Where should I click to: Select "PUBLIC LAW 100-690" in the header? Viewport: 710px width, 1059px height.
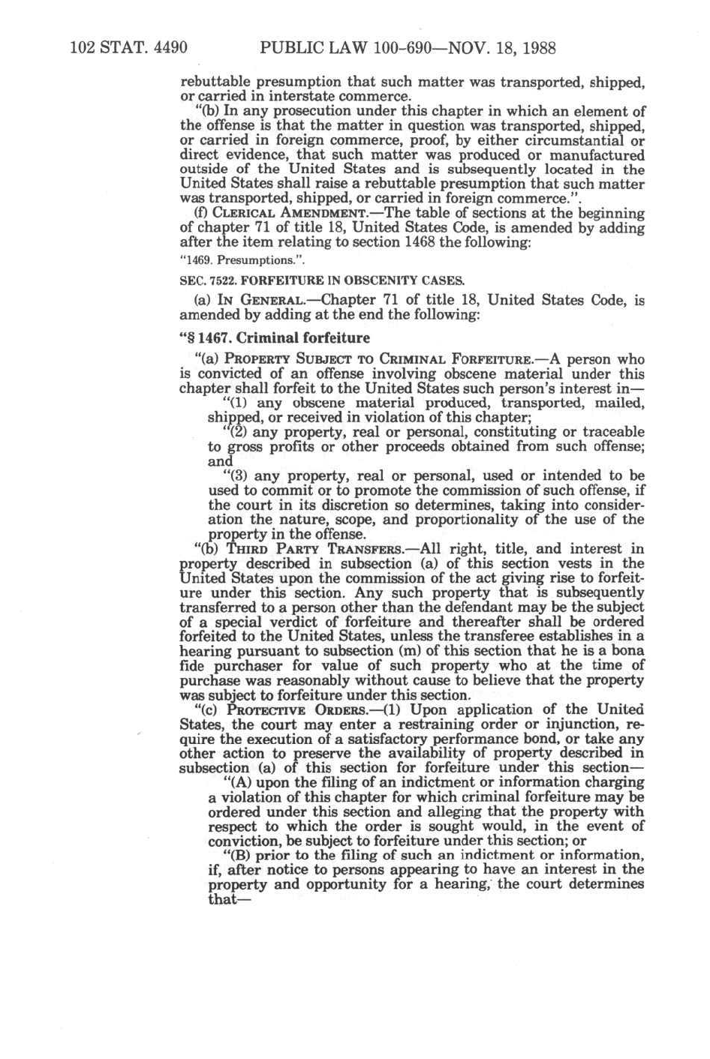tap(333, 49)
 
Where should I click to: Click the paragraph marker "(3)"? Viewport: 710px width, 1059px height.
tap(236, 475)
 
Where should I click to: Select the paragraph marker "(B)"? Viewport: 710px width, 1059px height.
tap(236, 855)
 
